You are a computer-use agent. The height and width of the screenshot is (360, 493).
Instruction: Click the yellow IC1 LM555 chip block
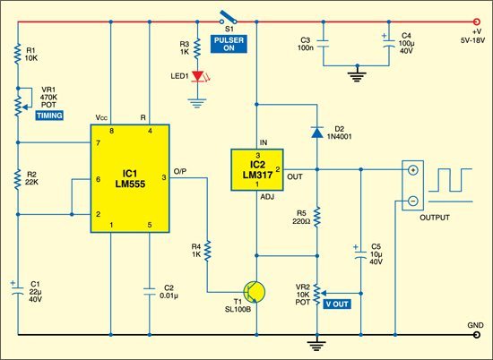tap(130, 178)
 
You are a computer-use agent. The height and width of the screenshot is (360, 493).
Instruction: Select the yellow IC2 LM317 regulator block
tap(257, 169)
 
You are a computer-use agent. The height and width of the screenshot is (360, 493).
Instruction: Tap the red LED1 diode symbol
tap(198, 76)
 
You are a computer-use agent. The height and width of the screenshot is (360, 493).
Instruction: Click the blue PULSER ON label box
tap(229, 44)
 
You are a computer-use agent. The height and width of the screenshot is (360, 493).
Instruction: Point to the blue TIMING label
tap(49, 116)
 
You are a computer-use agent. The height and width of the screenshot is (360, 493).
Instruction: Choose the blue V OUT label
tap(337, 304)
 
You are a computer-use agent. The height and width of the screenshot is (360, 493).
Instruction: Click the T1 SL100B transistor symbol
tap(255, 292)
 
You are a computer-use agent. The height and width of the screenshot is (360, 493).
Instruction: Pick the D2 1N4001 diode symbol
tap(317, 133)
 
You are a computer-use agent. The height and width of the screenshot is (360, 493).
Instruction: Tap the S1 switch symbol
tap(229, 18)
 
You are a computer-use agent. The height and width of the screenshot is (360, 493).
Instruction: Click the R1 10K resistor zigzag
tap(18, 54)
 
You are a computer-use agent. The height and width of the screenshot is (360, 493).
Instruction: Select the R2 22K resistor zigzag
tap(18, 179)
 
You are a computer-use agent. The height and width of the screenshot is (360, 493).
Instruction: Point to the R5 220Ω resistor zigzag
tap(317, 217)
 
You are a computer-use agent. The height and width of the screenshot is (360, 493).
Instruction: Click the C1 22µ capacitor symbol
tap(18, 290)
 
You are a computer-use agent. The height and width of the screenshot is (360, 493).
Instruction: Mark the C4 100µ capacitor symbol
tap(389, 42)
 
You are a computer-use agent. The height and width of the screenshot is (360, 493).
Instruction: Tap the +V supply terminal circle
tap(477, 21)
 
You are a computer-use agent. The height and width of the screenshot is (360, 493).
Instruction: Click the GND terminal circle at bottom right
tap(477, 335)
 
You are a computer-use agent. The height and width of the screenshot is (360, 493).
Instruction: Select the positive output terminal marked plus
tap(413, 170)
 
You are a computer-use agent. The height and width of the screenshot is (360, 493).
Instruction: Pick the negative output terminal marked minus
tap(413, 201)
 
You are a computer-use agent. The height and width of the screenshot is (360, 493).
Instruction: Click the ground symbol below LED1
tap(197, 103)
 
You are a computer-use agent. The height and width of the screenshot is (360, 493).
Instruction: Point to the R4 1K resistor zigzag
tap(207, 251)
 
